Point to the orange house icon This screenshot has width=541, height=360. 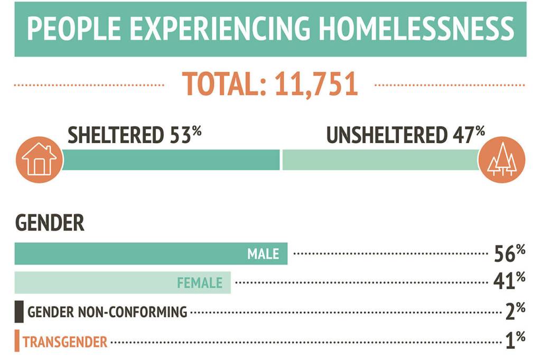(39, 159)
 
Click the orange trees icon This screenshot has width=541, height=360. (501, 159)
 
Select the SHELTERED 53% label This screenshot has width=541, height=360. (135, 136)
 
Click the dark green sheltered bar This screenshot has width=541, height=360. (171, 159)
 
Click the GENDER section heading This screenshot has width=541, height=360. (50, 223)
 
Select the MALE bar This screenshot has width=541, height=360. (151, 254)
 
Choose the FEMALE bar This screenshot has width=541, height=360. (123, 283)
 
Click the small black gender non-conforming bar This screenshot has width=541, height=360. (19, 311)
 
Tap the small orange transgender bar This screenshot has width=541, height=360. (17, 340)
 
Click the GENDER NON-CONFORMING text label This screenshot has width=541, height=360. (107, 312)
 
